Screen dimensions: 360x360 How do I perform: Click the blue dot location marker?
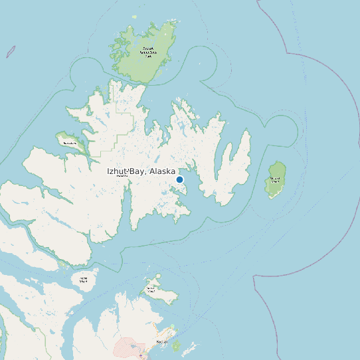click(x=179, y=179)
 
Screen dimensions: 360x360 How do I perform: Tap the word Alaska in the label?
click(x=163, y=171)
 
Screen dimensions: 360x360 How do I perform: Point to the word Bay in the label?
click(x=138, y=171)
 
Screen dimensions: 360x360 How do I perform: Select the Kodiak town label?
click(x=162, y=341)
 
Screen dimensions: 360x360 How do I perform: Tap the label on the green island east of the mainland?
click(x=274, y=180)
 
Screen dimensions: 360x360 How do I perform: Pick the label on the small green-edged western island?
click(x=69, y=143)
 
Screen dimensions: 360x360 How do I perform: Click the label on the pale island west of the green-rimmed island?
click(x=84, y=280)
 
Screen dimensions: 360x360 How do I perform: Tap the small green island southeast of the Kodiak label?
click(x=177, y=345)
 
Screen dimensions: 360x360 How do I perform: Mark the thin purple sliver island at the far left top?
click(x=11, y=51)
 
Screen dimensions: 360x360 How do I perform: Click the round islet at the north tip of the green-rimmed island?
click(x=158, y=274)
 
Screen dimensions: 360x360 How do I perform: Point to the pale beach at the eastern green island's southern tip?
click(x=271, y=196)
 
